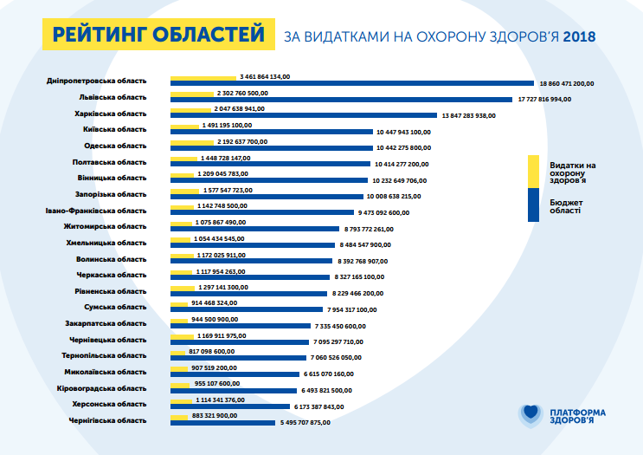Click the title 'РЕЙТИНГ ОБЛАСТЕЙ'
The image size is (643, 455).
(x=158, y=35)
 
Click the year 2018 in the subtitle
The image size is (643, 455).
(x=578, y=36)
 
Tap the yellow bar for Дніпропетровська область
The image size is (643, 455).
(x=203, y=77)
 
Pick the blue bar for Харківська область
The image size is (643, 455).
(x=304, y=115)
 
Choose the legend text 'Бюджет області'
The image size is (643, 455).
(x=565, y=205)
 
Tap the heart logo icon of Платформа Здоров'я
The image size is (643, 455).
(x=530, y=414)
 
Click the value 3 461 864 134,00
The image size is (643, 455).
(x=265, y=76)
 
